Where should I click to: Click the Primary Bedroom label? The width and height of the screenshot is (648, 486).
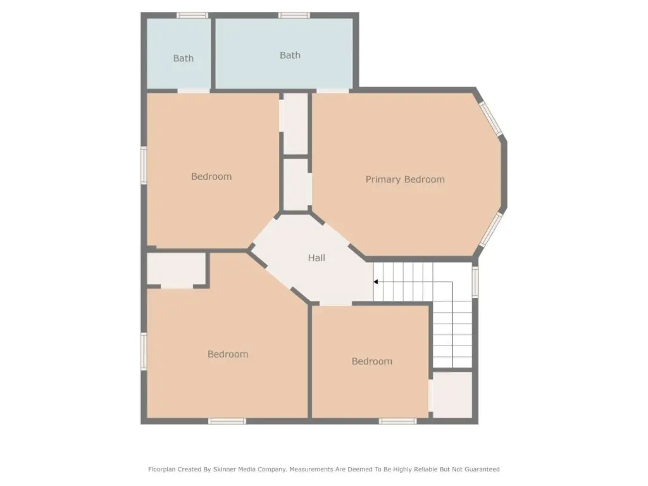click(x=405, y=179)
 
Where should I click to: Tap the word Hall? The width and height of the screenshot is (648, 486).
click(x=316, y=258)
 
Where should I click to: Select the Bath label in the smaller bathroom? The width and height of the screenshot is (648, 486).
click(x=183, y=58)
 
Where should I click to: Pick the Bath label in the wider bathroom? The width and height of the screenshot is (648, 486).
click(x=290, y=55)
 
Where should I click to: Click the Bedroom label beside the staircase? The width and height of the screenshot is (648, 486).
click(x=372, y=361)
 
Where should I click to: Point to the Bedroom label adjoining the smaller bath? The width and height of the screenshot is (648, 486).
click(x=211, y=177)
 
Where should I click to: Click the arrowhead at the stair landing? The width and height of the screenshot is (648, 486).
click(x=376, y=282)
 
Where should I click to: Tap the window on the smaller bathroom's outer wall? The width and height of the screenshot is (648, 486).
click(x=192, y=15)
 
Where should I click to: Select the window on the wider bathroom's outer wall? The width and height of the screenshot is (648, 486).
click(x=294, y=15)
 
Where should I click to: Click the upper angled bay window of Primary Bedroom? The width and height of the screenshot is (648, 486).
click(x=490, y=118)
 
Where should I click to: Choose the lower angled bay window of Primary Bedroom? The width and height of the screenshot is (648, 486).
click(x=490, y=230)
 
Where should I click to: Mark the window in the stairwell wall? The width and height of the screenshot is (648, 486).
click(x=475, y=282)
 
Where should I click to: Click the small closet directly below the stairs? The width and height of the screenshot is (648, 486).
click(x=452, y=395)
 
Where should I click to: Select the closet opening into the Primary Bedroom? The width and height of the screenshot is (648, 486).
click(x=296, y=185)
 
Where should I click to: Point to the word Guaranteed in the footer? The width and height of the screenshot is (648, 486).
click(x=482, y=469)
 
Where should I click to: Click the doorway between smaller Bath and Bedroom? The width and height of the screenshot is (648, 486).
click(x=194, y=90)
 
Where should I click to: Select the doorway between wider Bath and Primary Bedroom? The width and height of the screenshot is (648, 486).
click(x=333, y=90)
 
